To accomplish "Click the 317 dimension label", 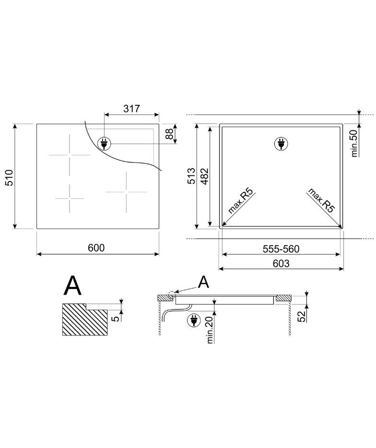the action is point(131,109).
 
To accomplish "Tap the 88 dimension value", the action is point(170,134).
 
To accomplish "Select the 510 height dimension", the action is point(9,178).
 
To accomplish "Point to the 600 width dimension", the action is point(96,248).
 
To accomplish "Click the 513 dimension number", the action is point(191,176).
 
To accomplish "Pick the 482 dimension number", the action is point(205,177).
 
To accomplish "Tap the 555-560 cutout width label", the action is point(281,249).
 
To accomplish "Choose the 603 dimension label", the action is point(281,263).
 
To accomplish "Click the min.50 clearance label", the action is point(354,143).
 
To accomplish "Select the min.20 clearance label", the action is point(210,330).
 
